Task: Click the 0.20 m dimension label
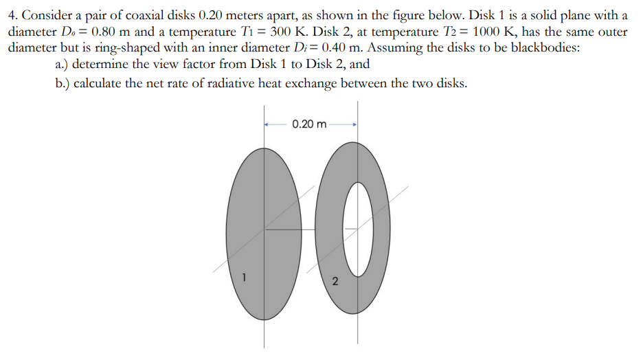pyautogui.click(x=309, y=124)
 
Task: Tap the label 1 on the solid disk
pyautogui.click(x=242, y=278)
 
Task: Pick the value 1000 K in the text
pyautogui.click(x=493, y=32)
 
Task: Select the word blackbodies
pyautogui.click(x=543, y=49)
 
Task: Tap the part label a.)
pyautogui.click(x=61, y=65)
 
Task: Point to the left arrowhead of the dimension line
pyautogui.click(x=268, y=124)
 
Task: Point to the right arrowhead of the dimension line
pyautogui.click(x=353, y=124)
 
